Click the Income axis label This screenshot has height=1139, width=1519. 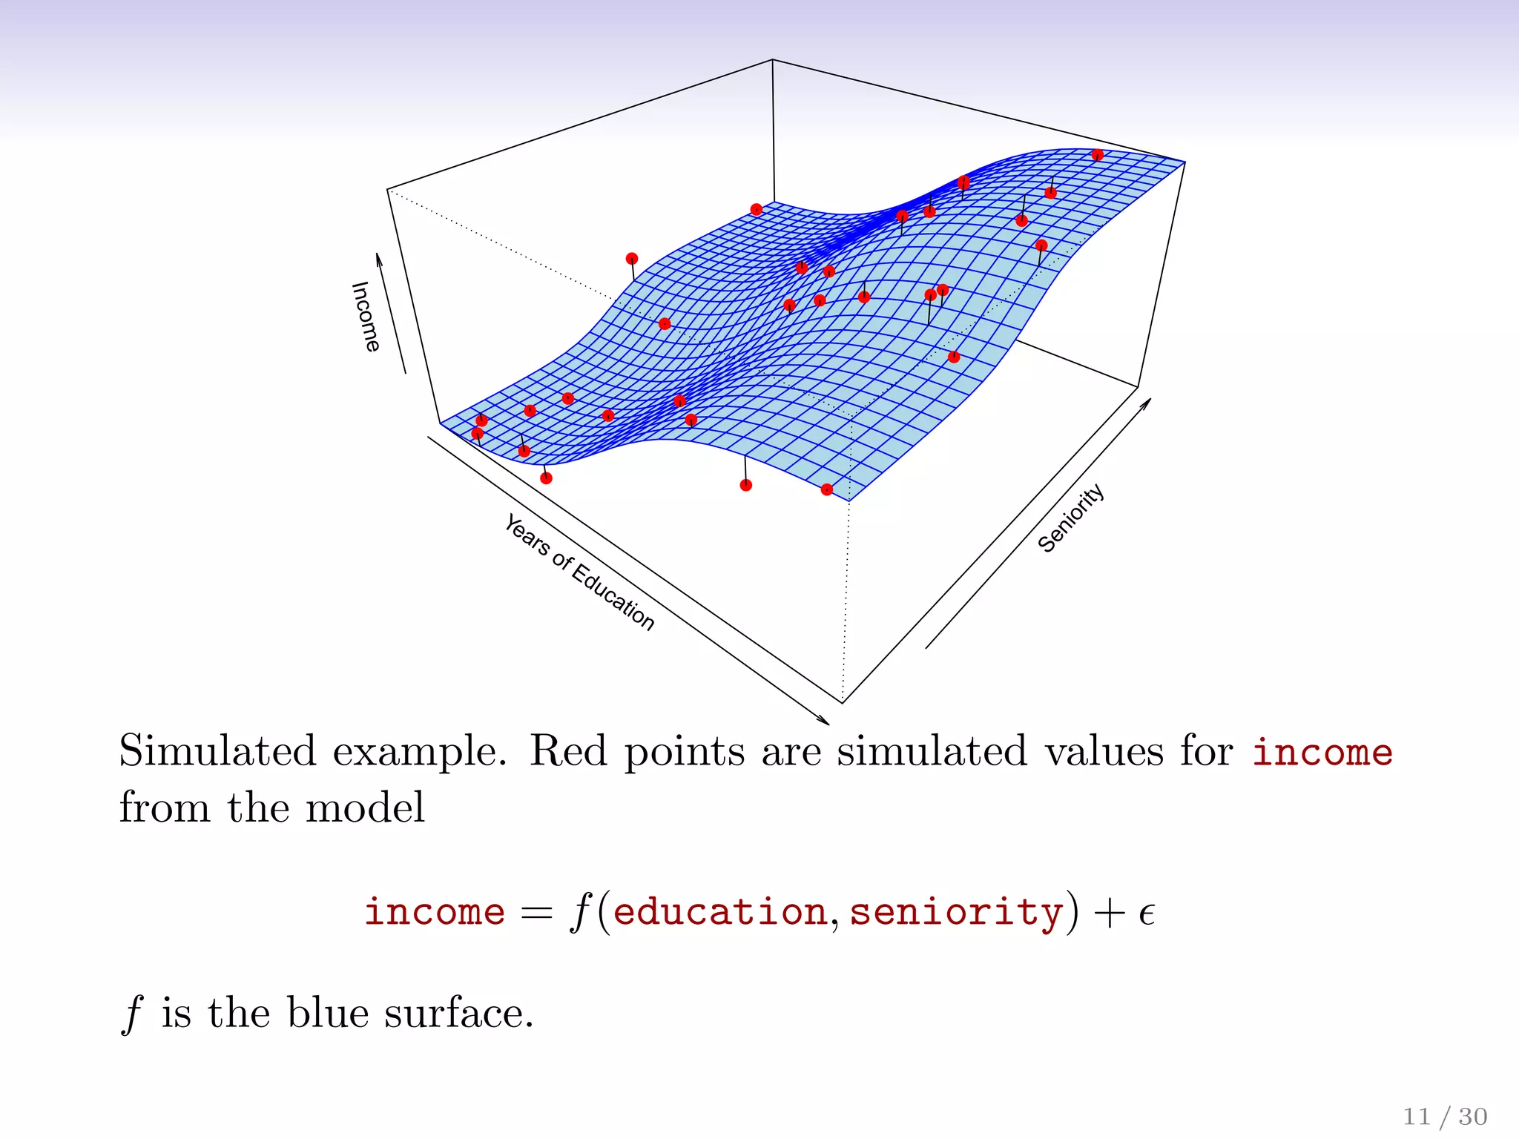pos(366,317)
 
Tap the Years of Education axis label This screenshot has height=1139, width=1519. pos(579,572)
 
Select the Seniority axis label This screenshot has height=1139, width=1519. pos(1071,518)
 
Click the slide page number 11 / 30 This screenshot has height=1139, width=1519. pos(1445,1116)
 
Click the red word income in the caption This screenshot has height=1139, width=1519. pos(1322,752)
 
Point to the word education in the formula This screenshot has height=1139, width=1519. pos(720,911)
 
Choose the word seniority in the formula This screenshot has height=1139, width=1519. pos(956,911)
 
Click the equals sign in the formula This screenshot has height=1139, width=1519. pos(536,913)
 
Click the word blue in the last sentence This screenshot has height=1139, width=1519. pos(328,1013)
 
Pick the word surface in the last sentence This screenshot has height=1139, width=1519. pos(458,1013)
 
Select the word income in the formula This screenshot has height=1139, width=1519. pos(435,911)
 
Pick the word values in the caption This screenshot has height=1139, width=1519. pos(1104,750)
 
